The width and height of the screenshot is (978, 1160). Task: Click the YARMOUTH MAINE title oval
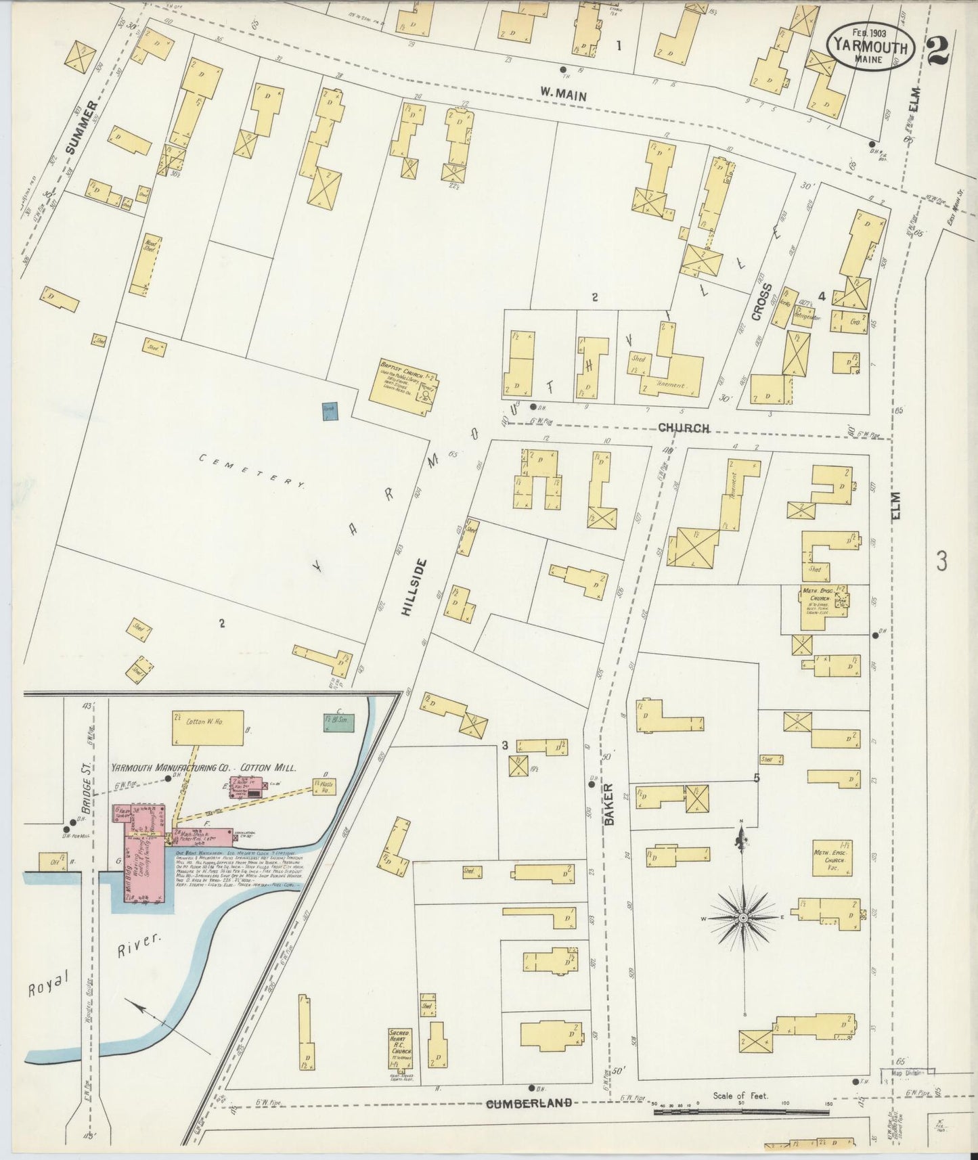(x=870, y=46)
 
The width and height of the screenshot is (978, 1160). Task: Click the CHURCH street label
(x=684, y=428)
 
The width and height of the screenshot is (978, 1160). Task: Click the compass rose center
(x=742, y=918)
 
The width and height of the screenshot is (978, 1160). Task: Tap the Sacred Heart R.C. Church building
(x=401, y=1062)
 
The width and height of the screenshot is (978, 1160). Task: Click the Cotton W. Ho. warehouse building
(x=207, y=728)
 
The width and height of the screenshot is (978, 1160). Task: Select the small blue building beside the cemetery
(x=329, y=411)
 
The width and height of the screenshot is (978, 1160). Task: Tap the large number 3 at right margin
(x=941, y=561)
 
